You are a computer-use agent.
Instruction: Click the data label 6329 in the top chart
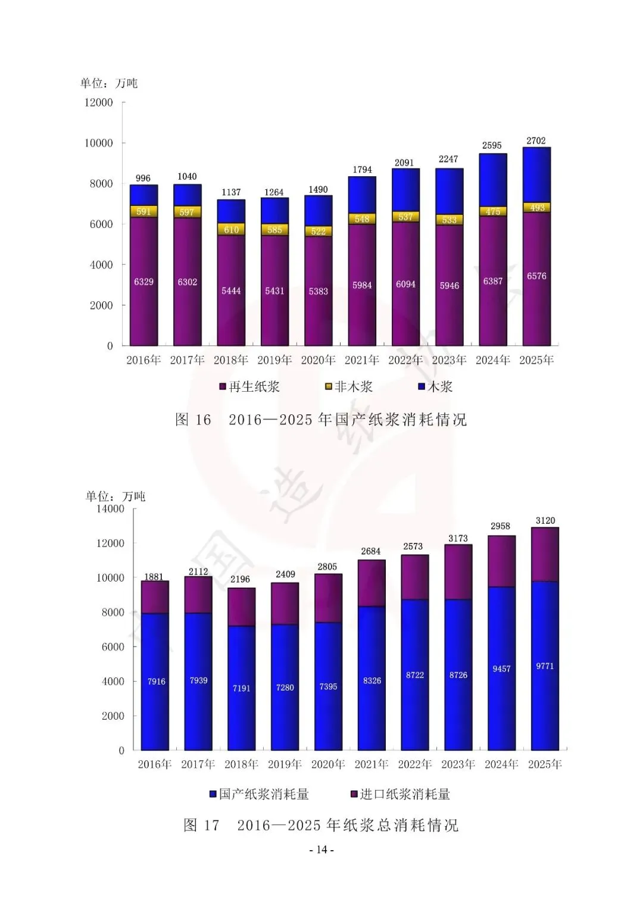[143, 282]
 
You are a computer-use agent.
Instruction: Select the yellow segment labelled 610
[231, 229]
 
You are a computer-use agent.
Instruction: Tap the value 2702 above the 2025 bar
[536, 141]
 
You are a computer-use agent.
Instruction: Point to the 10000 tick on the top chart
[99, 143]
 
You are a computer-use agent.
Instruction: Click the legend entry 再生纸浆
[249, 387]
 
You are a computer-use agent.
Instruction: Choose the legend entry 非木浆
[349, 387]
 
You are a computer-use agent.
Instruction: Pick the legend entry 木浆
[436, 387]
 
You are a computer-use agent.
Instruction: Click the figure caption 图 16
[193, 420]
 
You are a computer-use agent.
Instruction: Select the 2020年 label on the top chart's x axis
[319, 360]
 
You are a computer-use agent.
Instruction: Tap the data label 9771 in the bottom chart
[545, 666]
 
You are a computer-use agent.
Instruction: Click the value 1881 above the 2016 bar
[154, 577]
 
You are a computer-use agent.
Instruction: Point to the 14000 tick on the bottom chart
[110, 508]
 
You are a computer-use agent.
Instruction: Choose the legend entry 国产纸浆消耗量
[259, 794]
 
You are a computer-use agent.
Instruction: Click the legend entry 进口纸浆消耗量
[400, 794]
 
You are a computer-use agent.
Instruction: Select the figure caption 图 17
[201, 825]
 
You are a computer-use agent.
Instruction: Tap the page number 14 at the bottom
[321, 849]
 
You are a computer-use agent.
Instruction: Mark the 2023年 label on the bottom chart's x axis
[458, 764]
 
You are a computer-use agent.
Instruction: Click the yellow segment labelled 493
[536, 207]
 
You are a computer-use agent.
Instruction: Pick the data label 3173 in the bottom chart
[458, 539]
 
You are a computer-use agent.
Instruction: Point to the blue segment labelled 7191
[242, 688]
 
